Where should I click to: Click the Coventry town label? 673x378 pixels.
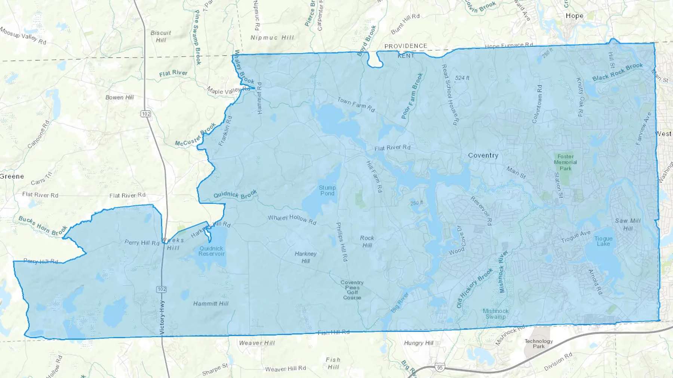483,155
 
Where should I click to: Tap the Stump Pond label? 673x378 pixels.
327,190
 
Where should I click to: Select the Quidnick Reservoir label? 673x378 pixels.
211,251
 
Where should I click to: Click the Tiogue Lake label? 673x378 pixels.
603,241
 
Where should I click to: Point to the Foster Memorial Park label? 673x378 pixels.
565,162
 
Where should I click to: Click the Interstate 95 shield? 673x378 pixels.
440,368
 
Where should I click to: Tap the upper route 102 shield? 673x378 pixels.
146,114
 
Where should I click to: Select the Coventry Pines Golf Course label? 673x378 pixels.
352,290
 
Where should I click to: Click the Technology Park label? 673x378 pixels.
538,344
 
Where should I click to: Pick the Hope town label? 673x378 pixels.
574,16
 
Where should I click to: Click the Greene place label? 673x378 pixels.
12,176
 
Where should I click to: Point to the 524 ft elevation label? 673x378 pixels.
462,78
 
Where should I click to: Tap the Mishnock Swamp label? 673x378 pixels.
495,314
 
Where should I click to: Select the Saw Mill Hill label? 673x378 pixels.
628,224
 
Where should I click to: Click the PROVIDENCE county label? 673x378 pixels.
406,46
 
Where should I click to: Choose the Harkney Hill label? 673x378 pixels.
305,257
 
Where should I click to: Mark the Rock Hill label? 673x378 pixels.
367,241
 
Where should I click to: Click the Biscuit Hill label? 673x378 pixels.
161,36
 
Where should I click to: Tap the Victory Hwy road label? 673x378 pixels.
162,317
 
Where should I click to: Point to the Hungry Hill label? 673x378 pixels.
418,343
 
